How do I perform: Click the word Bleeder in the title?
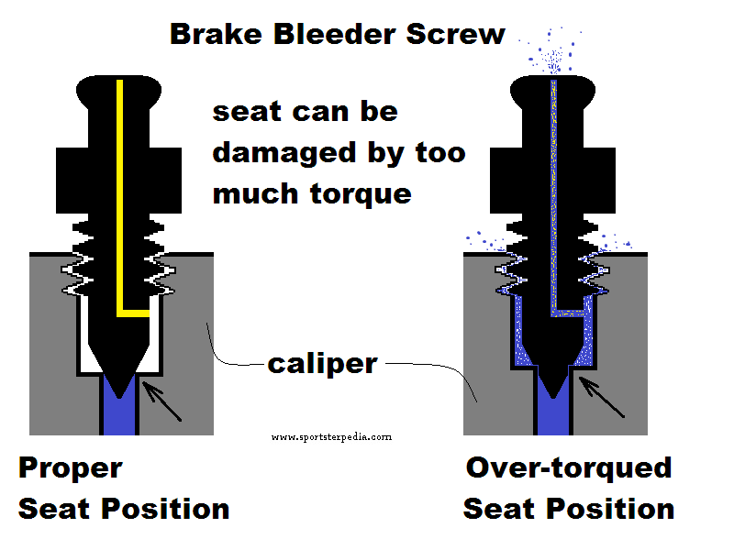(x=334, y=34)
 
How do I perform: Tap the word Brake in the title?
(x=217, y=34)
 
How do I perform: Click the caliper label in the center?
(x=322, y=363)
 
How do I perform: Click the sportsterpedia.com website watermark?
(x=331, y=437)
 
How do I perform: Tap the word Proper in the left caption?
(x=70, y=468)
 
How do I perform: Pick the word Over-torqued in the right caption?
(x=569, y=468)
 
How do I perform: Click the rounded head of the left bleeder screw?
(x=118, y=92)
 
